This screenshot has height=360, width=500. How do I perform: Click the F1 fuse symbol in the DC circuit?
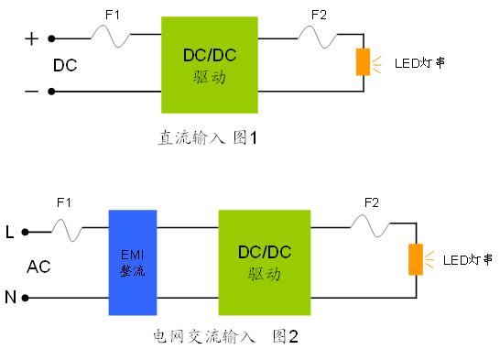111,37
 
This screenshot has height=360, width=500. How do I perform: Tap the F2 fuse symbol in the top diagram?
317,37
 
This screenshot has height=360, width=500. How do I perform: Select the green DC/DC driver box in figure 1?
210,65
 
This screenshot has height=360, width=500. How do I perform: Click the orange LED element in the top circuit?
363,62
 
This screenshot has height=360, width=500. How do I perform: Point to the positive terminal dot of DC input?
51,38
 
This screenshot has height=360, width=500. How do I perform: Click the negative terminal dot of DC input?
51,92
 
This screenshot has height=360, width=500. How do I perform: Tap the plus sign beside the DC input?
31,38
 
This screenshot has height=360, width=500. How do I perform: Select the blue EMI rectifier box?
133,262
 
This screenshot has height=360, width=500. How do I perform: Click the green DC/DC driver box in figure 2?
265,262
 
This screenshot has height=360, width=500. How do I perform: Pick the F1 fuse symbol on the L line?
67,230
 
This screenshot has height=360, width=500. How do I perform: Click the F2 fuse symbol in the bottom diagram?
370,225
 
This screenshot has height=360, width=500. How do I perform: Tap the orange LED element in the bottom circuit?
416,259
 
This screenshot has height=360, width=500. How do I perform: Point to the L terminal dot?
26,232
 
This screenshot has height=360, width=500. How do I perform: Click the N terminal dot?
26,298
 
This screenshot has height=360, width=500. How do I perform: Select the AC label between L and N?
38,267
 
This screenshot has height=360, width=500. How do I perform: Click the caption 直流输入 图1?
208,137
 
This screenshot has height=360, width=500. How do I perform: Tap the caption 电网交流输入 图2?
226,336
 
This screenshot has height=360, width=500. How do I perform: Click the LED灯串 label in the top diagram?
419,63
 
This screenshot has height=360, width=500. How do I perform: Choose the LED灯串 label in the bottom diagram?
468,260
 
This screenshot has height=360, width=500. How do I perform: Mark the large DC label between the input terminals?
65,65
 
